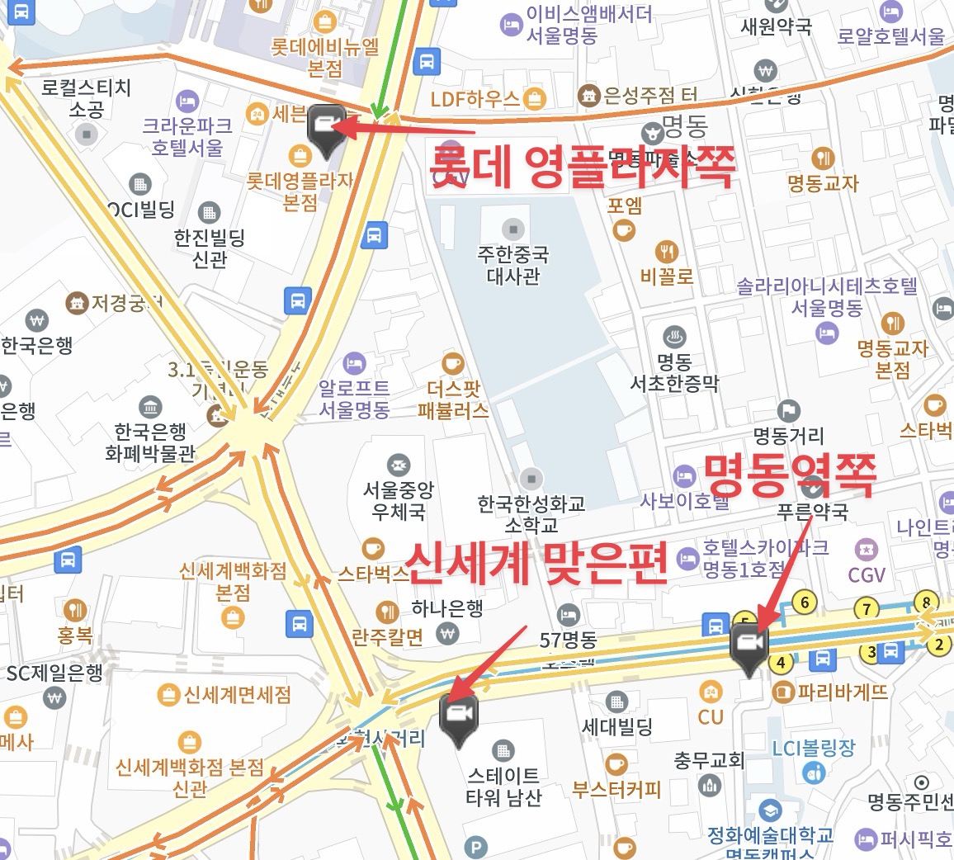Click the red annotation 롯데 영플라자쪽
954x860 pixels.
[x=582, y=168]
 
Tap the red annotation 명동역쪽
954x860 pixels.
[x=790, y=475]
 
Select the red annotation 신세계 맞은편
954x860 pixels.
[x=537, y=563]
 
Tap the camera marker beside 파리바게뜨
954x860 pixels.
[x=749, y=643]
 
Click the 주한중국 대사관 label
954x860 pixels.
[x=513, y=265]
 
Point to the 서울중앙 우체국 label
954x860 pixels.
[x=399, y=500]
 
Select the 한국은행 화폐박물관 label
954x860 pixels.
[x=150, y=442]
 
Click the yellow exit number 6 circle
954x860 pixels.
[x=804, y=602]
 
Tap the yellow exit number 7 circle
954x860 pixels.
[x=866, y=610]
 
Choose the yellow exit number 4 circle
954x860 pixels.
[x=780, y=662]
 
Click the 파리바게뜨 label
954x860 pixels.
[x=842, y=692]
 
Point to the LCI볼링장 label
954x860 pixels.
[x=814, y=748]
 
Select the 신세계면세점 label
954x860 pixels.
[x=237, y=695]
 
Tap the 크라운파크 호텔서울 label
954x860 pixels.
[x=187, y=137]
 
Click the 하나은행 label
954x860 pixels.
[x=447, y=609]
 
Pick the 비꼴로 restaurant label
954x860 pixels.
[x=667, y=276]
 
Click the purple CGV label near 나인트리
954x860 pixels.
[x=867, y=574]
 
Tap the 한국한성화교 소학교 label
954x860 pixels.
[x=531, y=513]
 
